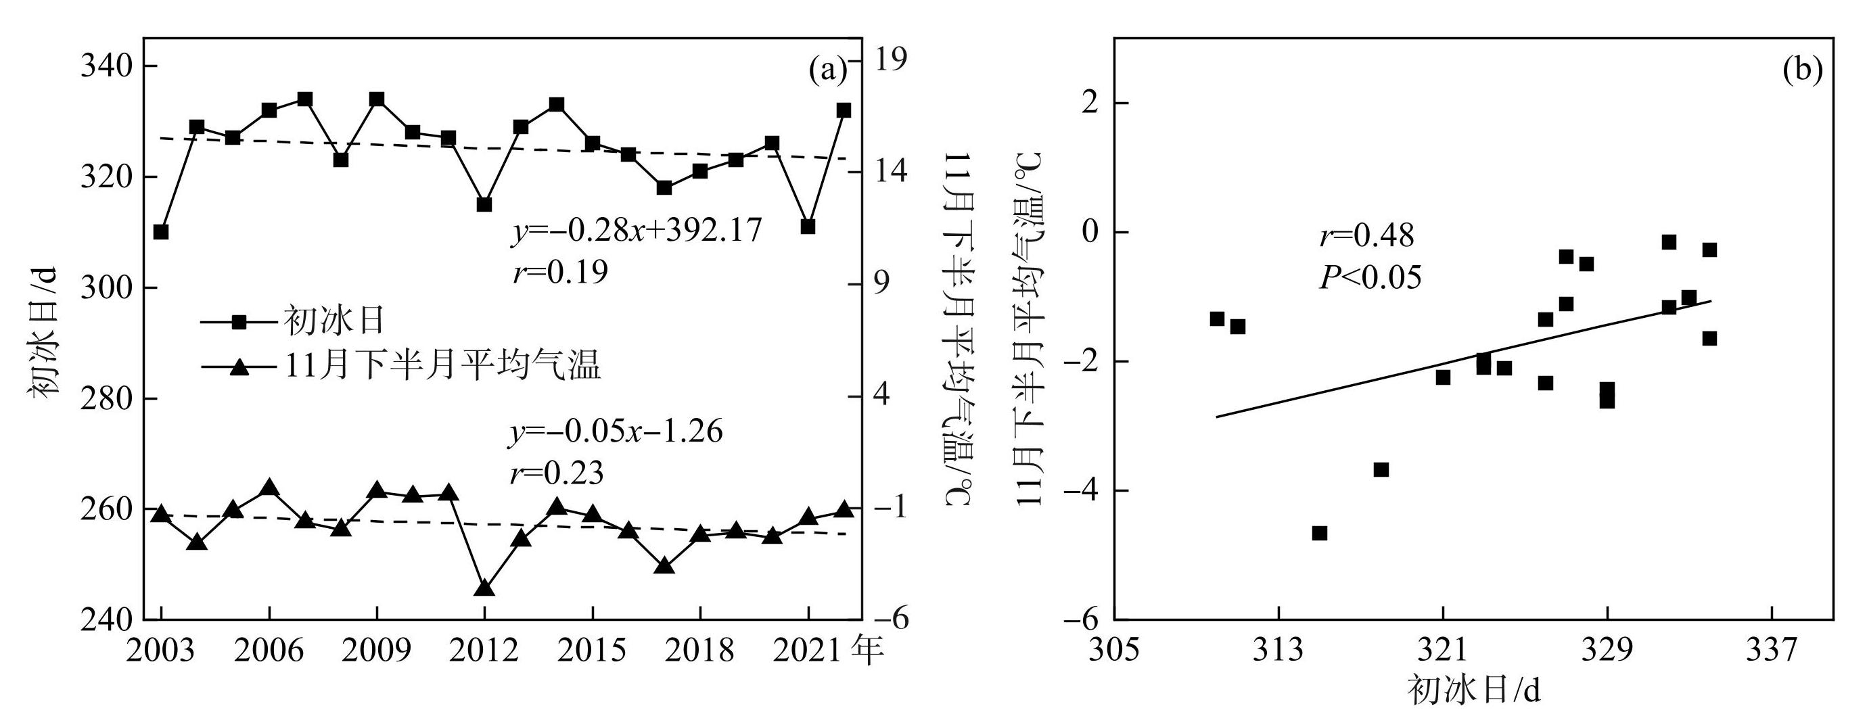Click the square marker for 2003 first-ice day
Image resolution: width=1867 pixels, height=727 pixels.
161,232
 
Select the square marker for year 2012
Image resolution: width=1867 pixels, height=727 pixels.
485,204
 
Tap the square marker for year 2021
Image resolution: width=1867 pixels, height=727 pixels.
808,227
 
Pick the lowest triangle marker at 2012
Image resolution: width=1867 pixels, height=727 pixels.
485,588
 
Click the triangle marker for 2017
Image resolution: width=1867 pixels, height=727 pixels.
664,565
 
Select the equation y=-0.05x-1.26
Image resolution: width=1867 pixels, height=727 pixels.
616,432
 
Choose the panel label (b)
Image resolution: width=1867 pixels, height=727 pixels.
1803,70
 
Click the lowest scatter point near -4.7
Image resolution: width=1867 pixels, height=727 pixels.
1319,534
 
